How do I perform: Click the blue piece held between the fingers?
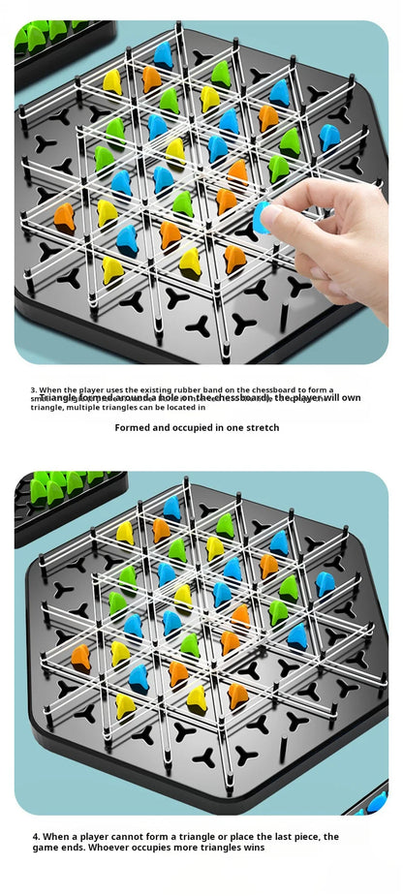261,218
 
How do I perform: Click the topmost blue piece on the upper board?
164,55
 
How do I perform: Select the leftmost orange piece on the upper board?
65,217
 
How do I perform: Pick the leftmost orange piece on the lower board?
80,657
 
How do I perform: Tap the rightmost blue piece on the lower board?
325,584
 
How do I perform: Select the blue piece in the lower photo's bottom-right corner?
376,802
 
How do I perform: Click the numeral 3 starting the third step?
32,389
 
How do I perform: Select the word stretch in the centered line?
263,427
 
